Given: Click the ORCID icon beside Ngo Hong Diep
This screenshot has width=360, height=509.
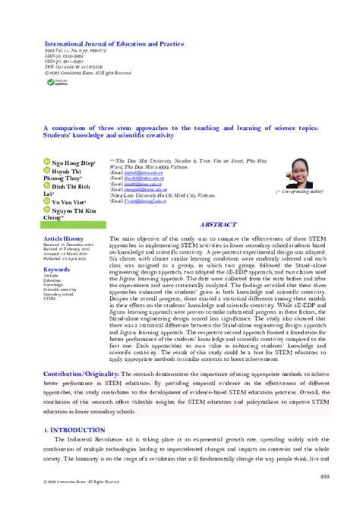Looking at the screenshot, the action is (46, 163).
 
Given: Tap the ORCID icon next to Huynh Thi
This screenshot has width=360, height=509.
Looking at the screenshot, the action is (46, 172).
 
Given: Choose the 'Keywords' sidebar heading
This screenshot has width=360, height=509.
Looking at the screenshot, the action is (57, 248).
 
